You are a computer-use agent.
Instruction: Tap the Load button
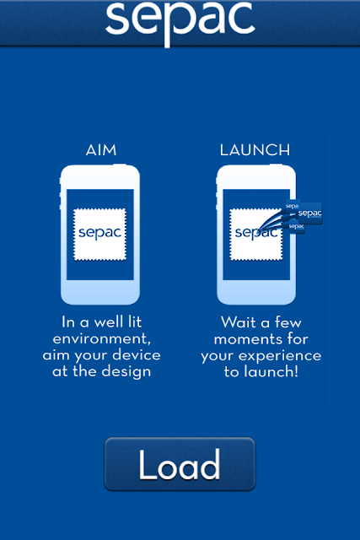(x=180, y=463)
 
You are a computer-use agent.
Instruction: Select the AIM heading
(x=101, y=150)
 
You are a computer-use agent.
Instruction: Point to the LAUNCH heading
(x=255, y=150)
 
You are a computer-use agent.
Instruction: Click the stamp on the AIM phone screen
(x=99, y=235)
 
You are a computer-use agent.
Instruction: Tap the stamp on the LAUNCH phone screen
(x=256, y=235)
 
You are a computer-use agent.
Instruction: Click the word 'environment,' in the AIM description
(x=101, y=339)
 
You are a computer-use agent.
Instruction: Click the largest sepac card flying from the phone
(x=309, y=213)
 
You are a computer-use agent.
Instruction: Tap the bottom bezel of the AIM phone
(x=100, y=292)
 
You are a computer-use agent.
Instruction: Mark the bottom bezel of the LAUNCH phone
(x=256, y=292)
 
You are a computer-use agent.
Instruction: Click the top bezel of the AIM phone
(x=100, y=177)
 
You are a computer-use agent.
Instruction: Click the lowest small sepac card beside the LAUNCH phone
(x=296, y=228)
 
